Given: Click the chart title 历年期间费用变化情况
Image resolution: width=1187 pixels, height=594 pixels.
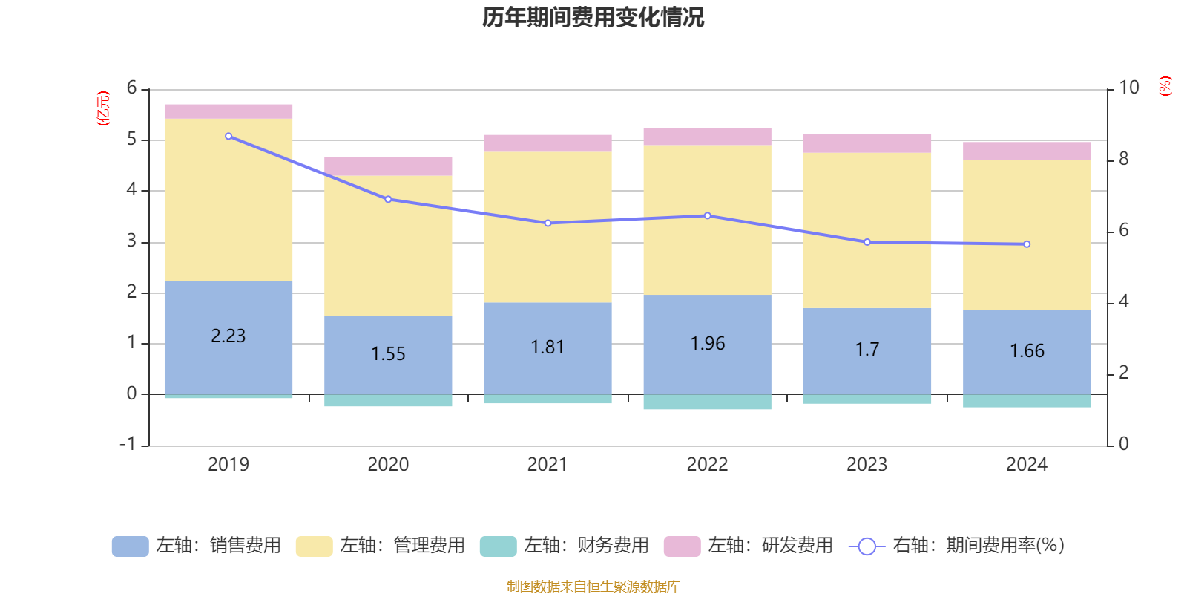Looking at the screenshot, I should click(x=593, y=17).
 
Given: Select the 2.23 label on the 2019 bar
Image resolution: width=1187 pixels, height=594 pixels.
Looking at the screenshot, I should click(x=228, y=336).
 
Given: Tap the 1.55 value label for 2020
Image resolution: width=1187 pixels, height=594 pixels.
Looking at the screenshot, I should click(x=388, y=354).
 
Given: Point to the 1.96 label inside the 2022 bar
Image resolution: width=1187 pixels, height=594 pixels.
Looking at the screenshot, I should click(x=707, y=344).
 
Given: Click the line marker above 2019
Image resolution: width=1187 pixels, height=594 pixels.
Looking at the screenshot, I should click(x=228, y=136).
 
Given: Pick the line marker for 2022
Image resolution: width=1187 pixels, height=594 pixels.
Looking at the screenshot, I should click(x=707, y=215).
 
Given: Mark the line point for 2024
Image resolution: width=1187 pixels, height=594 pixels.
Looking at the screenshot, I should click(x=1027, y=244).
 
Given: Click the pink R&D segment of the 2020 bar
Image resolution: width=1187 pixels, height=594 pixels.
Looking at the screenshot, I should click(x=388, y=166).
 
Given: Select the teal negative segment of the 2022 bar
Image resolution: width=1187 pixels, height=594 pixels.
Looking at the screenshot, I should click(x=707, y=402).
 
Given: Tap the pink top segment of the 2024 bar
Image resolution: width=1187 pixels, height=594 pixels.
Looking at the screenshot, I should click(x=1027, y=151).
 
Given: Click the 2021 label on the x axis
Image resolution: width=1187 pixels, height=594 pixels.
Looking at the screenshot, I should click(x=548, y=465).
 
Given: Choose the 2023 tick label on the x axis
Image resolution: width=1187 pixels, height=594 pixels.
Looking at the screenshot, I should click(x=867, y=465).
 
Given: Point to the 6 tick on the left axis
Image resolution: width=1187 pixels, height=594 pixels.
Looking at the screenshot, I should click(x=132, y=88).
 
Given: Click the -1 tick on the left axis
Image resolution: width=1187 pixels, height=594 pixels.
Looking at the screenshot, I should click(x=128, y=444).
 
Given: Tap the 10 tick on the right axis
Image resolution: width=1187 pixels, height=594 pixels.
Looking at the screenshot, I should click(x=1128, y=88).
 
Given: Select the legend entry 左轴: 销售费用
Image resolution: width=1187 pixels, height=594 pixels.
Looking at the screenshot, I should click(x=197, y=546).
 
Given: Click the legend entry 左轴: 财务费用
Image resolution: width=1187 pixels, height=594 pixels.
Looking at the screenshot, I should click(x=565, y=546).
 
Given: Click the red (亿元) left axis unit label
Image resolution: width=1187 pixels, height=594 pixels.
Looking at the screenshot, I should click(x=103, y=108).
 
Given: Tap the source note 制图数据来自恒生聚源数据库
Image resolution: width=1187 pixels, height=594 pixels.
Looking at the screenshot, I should click(x=593, y=587).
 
